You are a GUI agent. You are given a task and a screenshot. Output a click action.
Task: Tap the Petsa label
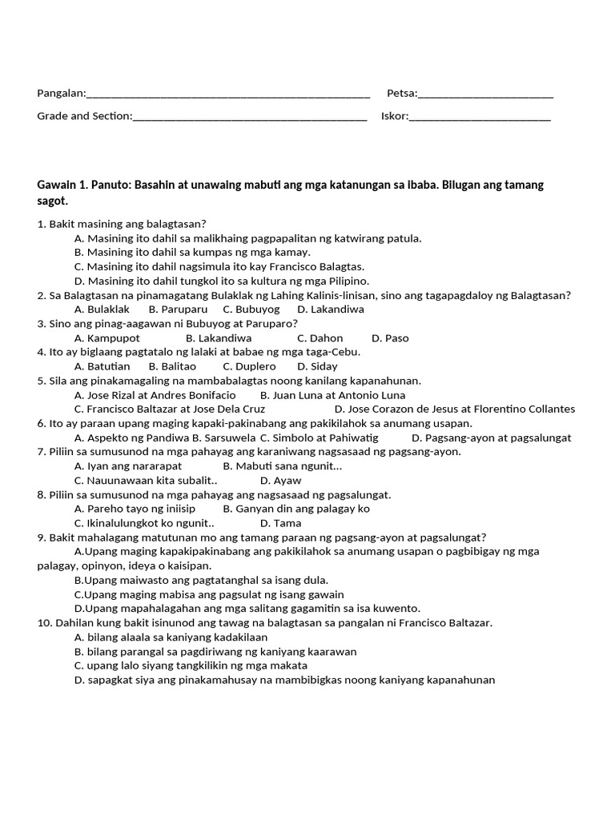pyautogui.click(x=401, y=94)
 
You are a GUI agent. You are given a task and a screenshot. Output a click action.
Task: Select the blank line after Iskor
pyautogui.click(x=480, y=117)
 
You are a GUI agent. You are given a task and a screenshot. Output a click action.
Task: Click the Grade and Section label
pyautogui.click(x=84, y=117)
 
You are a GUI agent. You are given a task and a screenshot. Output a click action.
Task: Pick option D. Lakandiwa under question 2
pyautogui.click(x=330, y=310)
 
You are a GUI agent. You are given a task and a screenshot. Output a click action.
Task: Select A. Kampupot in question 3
pyautogui.click(x=107, y=338)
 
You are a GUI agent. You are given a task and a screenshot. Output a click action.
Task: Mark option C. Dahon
pyautogui.click(x=320, y=338)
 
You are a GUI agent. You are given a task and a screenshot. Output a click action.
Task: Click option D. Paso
pyautogui.click(x=390, y=338)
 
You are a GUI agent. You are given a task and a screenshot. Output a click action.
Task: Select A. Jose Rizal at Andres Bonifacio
pyautogui.click(x=155, y=395)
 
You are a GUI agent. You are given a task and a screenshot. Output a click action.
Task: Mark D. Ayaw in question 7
pyautogui.click(x=280, y=481)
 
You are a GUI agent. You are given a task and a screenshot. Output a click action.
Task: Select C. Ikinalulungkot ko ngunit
pyautogui.click(x=144, y=523)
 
